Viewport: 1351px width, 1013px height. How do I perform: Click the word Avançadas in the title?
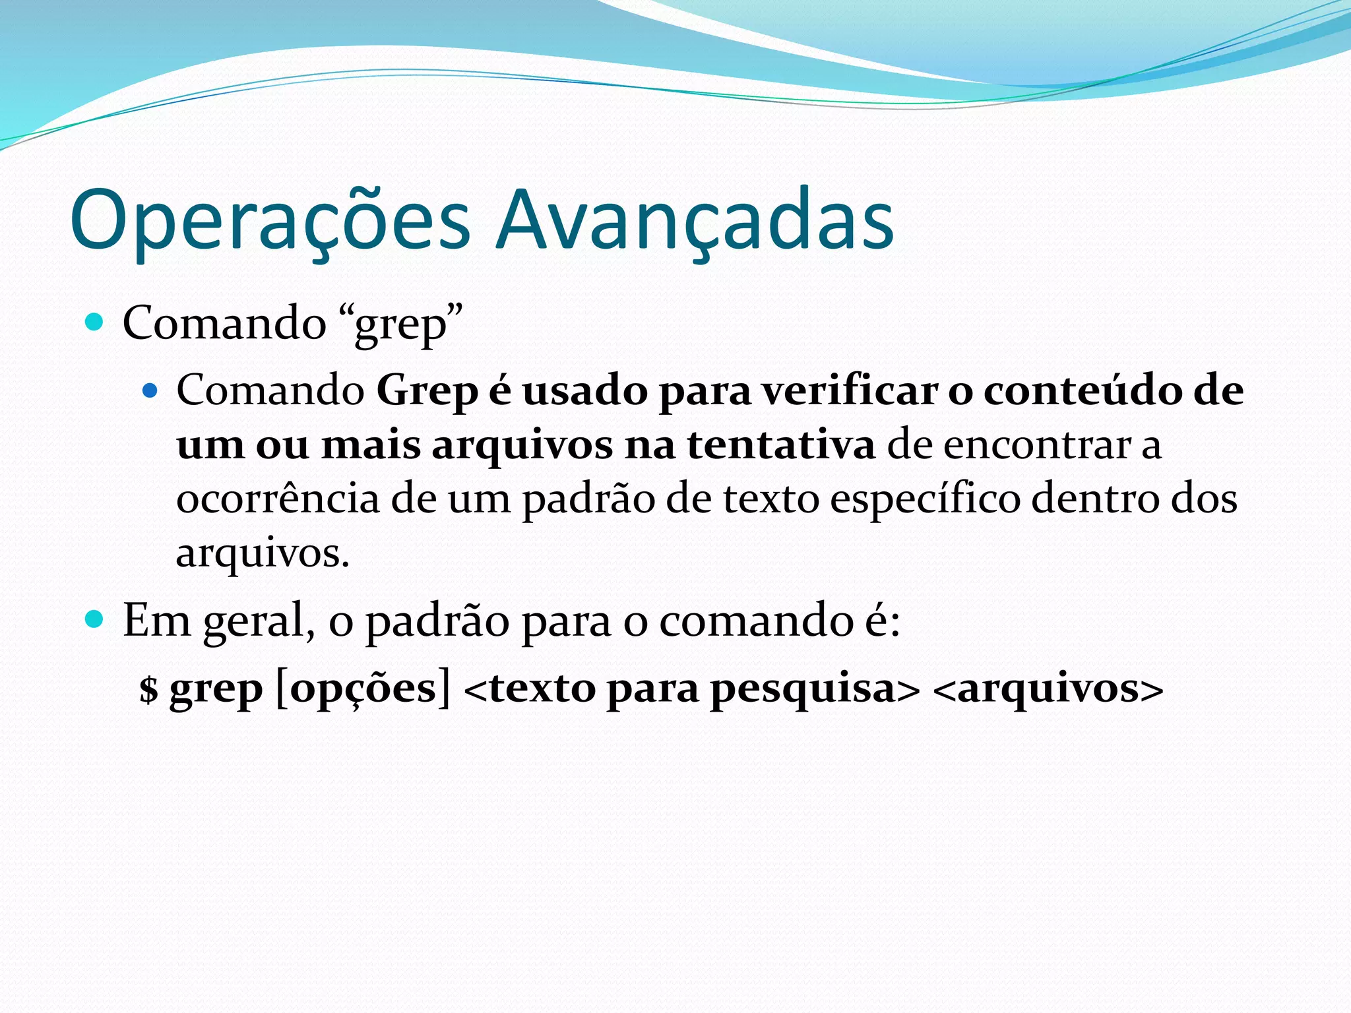(x=695, y=221)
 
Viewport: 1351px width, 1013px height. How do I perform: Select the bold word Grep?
(x=427, y=391)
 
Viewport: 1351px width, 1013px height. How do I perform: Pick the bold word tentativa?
(x=781, y=445)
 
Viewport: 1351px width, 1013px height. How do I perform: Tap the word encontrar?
(x=1036, y=445)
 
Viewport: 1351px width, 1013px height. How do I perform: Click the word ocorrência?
(x=278, y=499)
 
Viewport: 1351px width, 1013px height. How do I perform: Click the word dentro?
(x=1095, y=499)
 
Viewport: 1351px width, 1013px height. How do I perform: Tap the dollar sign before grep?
(x=149, y=690)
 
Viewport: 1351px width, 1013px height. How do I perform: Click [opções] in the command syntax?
(x=363, y=690)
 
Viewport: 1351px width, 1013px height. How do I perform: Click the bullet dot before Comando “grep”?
(x=95, y=322)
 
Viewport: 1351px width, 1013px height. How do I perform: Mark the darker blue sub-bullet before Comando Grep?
(x=150, y=391)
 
